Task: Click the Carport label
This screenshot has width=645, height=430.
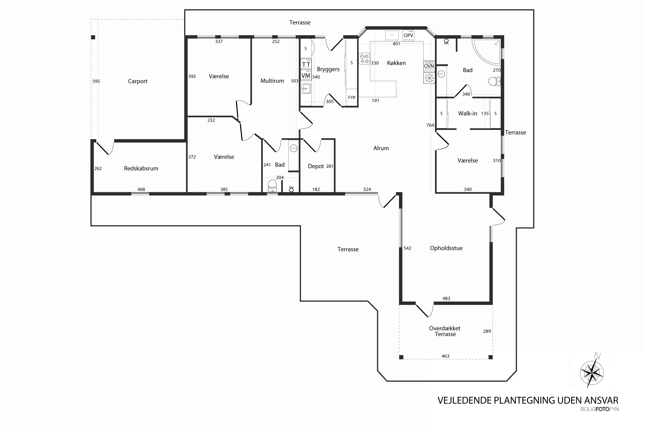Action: [x=138, y=81]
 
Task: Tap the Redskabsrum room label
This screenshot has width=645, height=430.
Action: [x=141, y=168]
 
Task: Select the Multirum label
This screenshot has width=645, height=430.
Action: [x=272, y=81]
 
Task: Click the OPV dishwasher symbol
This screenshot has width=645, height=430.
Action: [x=408, y=35]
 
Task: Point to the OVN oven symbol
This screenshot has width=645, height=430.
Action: [x=429, y=66]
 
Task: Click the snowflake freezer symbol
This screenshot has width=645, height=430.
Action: [x=429, y=78]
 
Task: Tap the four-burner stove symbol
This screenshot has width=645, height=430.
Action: [x=364, y=59]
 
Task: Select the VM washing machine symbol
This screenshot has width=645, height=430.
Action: [x=306, y=75]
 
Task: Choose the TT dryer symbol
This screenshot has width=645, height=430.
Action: [x=306, y=64]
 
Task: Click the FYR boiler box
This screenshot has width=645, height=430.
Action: [x=352, y=97]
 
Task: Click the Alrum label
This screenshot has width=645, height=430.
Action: [x=381, y=148]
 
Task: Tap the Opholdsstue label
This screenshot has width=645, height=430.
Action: [x=446, y=248]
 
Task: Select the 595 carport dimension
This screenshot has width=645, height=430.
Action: [x=96, y=81]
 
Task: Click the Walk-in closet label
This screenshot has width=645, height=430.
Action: [x=468, y=113]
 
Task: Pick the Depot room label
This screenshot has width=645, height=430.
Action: [x=316, y=166]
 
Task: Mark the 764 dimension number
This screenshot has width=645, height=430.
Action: [x=430, y=125]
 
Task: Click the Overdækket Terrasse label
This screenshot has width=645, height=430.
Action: [x=445, y=331]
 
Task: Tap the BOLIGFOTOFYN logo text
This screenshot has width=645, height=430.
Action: [x=599, y=409]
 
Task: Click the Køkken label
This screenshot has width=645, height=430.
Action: [x=396, y=63]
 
